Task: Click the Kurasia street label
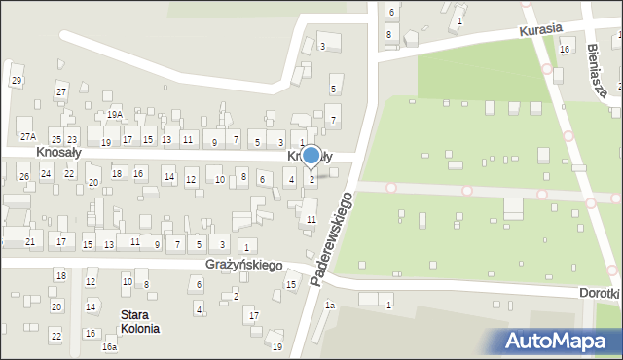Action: click(541, 29)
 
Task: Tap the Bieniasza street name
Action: click(604, 68)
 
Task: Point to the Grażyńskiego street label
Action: click(243, 265)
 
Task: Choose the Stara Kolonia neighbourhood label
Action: click(140, 321)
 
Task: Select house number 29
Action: click(17, 80)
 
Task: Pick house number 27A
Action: click(28, 136)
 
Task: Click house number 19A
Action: click(115, 115)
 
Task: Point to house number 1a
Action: click(330, 306)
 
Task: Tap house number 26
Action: click(24, 176)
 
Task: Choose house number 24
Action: click(46, 173)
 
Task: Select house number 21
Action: click(30, 241)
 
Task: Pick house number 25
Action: click(55, 140)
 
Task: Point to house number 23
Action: click(71, 140)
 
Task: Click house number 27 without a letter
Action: click(60, 91)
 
